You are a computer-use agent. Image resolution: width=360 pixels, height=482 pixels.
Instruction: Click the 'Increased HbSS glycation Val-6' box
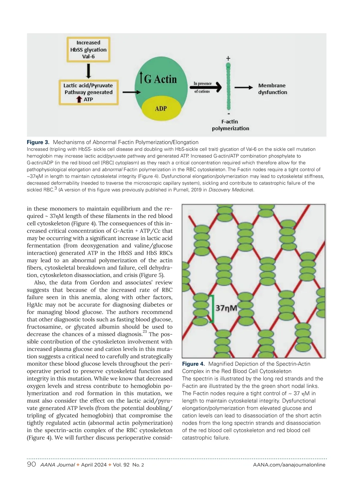[88, 50]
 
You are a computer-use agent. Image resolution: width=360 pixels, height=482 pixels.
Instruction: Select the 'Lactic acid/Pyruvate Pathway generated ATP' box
[88, 92]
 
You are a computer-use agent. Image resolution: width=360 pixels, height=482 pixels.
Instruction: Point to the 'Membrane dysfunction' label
[272, 89]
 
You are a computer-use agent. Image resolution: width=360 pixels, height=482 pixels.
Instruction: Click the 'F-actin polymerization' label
[230, 125]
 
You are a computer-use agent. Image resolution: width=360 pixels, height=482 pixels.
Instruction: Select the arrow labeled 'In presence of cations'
[205, 87]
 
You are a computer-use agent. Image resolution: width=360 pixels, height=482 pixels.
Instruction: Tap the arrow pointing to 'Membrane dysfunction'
[244, 87]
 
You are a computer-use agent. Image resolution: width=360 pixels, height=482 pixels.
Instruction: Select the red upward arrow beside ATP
[79, 99]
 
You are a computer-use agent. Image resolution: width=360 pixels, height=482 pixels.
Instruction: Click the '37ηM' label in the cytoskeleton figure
[226, 308]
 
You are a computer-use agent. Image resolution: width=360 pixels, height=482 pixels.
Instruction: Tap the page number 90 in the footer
[31, 465]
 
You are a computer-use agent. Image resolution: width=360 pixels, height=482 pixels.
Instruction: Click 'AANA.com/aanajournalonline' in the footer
[289, 465]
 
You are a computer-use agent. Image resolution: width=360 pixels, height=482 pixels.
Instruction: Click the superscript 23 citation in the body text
[145, 332]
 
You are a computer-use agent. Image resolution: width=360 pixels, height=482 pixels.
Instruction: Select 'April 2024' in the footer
[94, 465]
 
